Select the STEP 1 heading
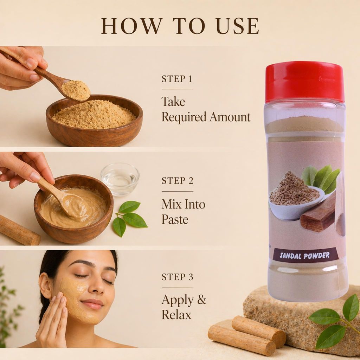pos(177,79)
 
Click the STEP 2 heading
pos(178,181)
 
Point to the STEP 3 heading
pos(178,277)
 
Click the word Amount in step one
pos(230,117)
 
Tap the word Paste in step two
pos(175,219)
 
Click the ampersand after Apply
pos(201,300)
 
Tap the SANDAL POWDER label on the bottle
pos(305,255)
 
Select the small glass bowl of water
pos(120,179)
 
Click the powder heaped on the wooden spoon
pos(76,90)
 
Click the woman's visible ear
pos(45,285)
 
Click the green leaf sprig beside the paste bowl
pos(129,217)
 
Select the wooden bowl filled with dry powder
pos(94,120)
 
